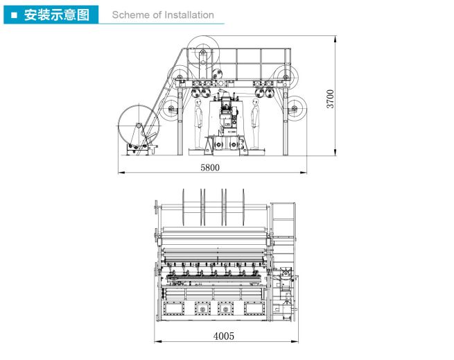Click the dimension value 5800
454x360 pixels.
[x=210, y=167]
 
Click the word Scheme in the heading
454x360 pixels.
[x=128, y=15]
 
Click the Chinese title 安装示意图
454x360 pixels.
[x=56, y=15]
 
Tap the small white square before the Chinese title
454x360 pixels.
[x=14, y=15]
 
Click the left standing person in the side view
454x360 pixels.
[x=199, y=123]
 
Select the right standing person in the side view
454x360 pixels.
[x=255, y=123]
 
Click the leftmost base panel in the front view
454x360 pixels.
[x=174, y=308]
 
